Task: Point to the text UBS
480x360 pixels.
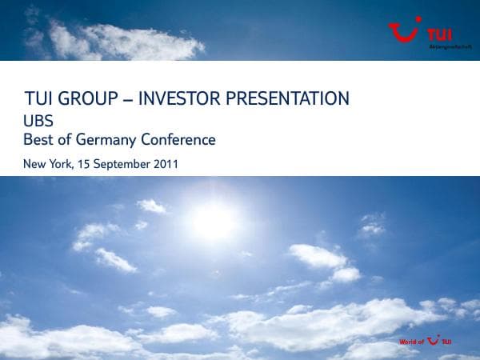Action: point(39,121)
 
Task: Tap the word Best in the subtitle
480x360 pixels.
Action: point(40,140)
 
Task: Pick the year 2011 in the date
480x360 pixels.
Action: point(163,164)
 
